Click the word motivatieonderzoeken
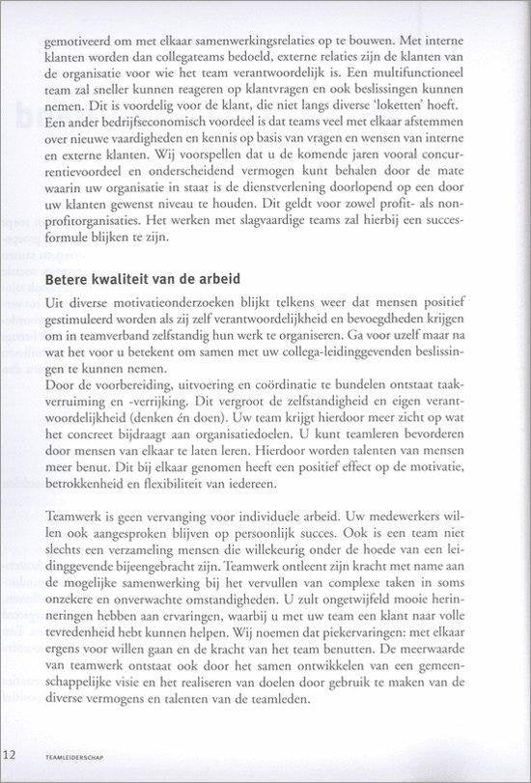coord(168,303)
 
